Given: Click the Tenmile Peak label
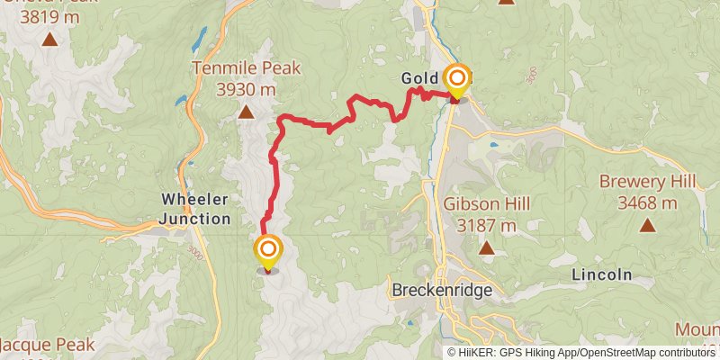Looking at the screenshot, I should (x=246, y=67).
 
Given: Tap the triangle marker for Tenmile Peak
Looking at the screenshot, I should (x=246, y=112).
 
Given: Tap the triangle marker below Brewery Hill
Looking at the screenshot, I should (x=647, y=225).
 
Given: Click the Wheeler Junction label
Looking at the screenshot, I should (x=194, y=207).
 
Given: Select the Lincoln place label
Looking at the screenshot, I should (x=602, y=274).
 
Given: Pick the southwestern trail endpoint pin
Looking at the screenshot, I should (x=268, y=251).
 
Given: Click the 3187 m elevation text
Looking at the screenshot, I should (x=487, y=225).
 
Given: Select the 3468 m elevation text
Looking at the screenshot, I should (x=647, y=202).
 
